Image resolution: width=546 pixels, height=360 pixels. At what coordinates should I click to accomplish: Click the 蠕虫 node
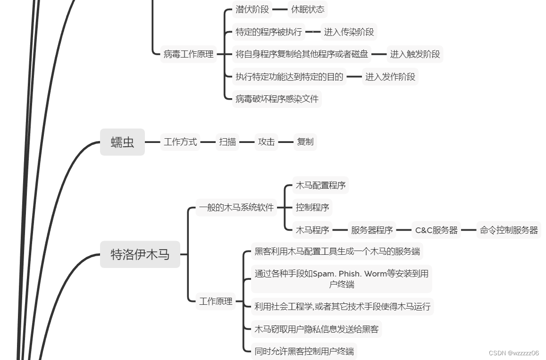tap(122, 142)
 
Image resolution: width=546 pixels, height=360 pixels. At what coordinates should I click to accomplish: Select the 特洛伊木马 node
tap(140, 255)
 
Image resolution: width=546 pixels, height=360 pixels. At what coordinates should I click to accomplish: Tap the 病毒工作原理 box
tap(188, 54)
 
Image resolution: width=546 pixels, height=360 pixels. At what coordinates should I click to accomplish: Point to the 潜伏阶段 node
tap(252, 9)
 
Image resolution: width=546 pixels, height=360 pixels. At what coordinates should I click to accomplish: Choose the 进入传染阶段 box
tap(349, 32)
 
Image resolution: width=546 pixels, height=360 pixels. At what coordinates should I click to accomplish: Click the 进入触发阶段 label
tap(415, 54)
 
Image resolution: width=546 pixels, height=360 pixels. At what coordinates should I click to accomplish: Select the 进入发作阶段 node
tap(390, 76)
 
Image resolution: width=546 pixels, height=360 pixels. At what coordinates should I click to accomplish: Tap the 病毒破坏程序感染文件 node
tap(277, 99)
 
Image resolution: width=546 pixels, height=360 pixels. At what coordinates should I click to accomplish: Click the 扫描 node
tap(227, 142)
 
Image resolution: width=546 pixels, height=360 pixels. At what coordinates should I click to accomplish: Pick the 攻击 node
tap(266, 142)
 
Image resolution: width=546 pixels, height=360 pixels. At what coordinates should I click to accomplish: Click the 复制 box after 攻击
tap(305, 142)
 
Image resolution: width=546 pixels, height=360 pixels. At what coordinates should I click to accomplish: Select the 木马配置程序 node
tap(320, 185)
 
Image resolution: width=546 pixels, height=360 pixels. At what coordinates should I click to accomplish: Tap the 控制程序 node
tap(312, 208)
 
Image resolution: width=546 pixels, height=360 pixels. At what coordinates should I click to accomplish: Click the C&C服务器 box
tap(436, 230)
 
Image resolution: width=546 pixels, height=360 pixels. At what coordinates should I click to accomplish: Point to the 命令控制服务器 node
tap(509, 230)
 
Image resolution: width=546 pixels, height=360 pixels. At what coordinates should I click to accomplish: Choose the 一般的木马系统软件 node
tap(236, 208)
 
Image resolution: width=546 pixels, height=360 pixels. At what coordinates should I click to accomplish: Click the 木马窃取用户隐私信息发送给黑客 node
tap(316, 329)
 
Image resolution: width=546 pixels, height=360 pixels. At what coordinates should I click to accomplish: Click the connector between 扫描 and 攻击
tap(247, 142)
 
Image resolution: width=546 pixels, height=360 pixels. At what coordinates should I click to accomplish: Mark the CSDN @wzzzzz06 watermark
tap(513, 353)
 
